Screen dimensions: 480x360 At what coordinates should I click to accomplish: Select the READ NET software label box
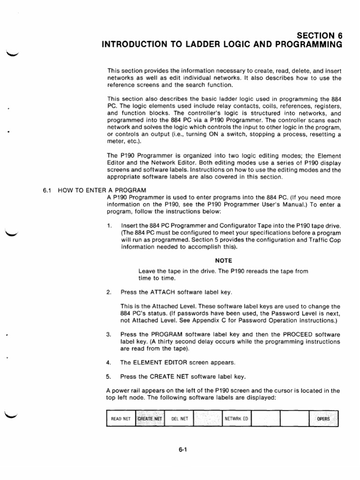pyautogui.click(x=120, y=419)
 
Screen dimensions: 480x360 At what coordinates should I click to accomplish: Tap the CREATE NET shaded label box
pyautogui.click(x=150, y=419)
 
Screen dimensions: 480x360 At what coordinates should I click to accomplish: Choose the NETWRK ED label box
pyautogui.click(x=236, y=419)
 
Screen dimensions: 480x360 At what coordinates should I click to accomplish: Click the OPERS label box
pyautogui.click(x=323, y=419)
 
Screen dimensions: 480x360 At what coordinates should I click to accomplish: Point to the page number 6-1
pyautogui.click(x=183, y=451)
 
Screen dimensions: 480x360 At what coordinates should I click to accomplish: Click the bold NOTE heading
pyautogui.click(x=224, y=261)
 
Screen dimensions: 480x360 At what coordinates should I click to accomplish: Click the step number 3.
pyautogui.click(x=109, y=335)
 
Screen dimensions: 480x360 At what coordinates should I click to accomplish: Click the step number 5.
pyautogui.click(x=109, y=377)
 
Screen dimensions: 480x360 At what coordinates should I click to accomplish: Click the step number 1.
pyautogui.click(x=109, y=226)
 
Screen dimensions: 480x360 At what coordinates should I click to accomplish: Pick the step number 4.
pyautogui.click(x=109, y=362)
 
